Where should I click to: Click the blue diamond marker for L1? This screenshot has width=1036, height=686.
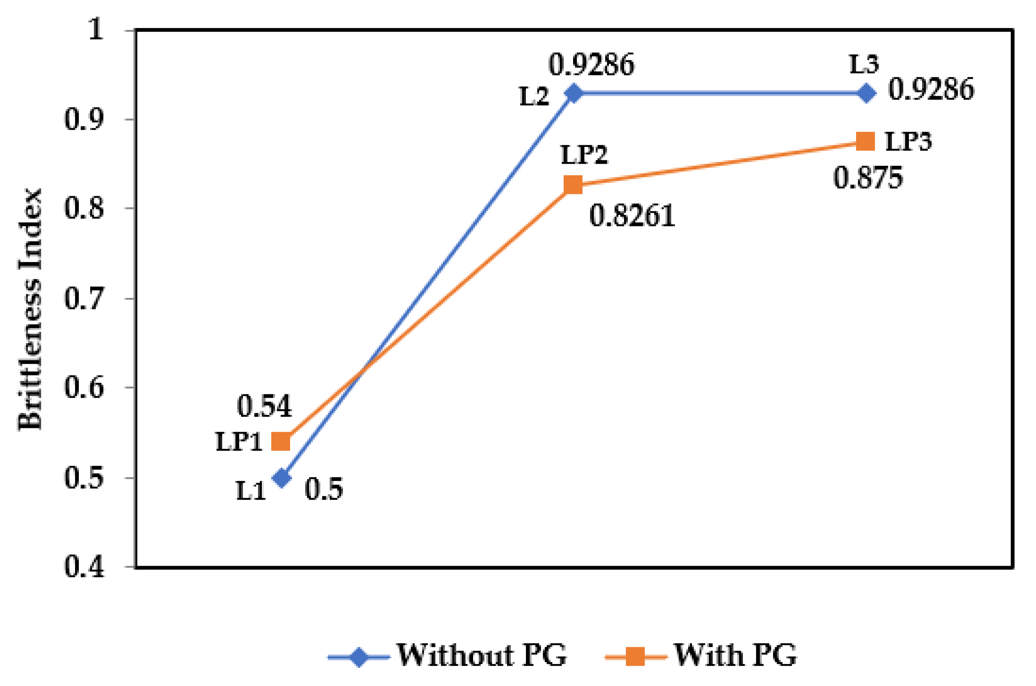click(281, 477)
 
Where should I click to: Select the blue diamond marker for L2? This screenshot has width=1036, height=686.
click(573, 93)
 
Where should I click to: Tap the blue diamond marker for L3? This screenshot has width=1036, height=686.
click(866, 93)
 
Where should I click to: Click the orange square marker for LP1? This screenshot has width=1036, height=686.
click(281, 441)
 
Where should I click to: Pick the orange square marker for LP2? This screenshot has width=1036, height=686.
click(573, 185)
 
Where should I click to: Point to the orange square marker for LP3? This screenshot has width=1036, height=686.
click(865, 141)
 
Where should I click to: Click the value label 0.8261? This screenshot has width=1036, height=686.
click(632, 216)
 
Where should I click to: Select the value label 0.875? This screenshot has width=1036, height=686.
click(868, 178)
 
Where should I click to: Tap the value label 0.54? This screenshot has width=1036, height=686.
click(264, 406)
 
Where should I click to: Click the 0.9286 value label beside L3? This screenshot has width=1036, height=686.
click(931, 89)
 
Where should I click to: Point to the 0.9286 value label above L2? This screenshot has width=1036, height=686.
click(591, 65)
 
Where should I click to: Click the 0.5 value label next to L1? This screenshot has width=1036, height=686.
click(324, 489)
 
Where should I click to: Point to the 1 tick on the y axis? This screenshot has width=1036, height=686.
click(96, 30)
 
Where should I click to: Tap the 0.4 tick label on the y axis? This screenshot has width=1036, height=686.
click(85, 568)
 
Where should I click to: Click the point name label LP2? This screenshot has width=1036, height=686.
click(584, 155)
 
